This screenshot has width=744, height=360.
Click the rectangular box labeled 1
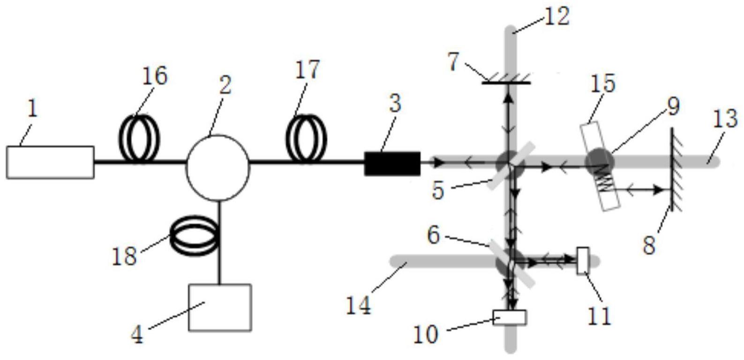pyautogui.click(x=50, y=162)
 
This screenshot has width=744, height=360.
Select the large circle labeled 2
pyautogui.click(x=218, y=167)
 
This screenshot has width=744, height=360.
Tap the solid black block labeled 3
pyautogui.click(x=392, y=164)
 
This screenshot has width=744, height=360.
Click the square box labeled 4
pyautogui.click(x=220, y=307)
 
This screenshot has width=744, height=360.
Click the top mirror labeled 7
pyautogui.click(x=506, y=82)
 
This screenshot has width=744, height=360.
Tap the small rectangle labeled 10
pyautogui.click(x=510, y=317)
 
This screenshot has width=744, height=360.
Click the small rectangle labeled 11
pyautogui.click(x=583, y=260)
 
